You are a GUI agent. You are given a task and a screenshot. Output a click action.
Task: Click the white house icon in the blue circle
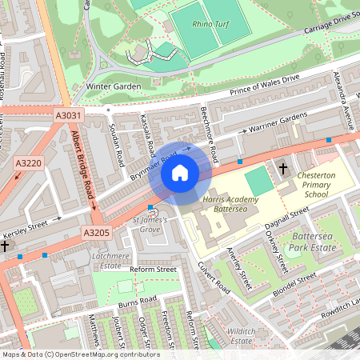coord(180,172)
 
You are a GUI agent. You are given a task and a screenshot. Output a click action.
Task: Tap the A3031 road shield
coord(69,117)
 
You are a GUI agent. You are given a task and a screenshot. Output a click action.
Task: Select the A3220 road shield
coord(27,163)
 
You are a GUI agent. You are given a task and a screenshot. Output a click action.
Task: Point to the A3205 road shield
coord(95,233)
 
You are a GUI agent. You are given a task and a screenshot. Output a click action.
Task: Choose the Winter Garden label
coord(114,86)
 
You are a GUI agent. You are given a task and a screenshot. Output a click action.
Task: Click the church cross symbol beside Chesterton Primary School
coord(283,169)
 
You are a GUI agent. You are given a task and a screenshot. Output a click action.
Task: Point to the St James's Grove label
coord(150,225)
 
